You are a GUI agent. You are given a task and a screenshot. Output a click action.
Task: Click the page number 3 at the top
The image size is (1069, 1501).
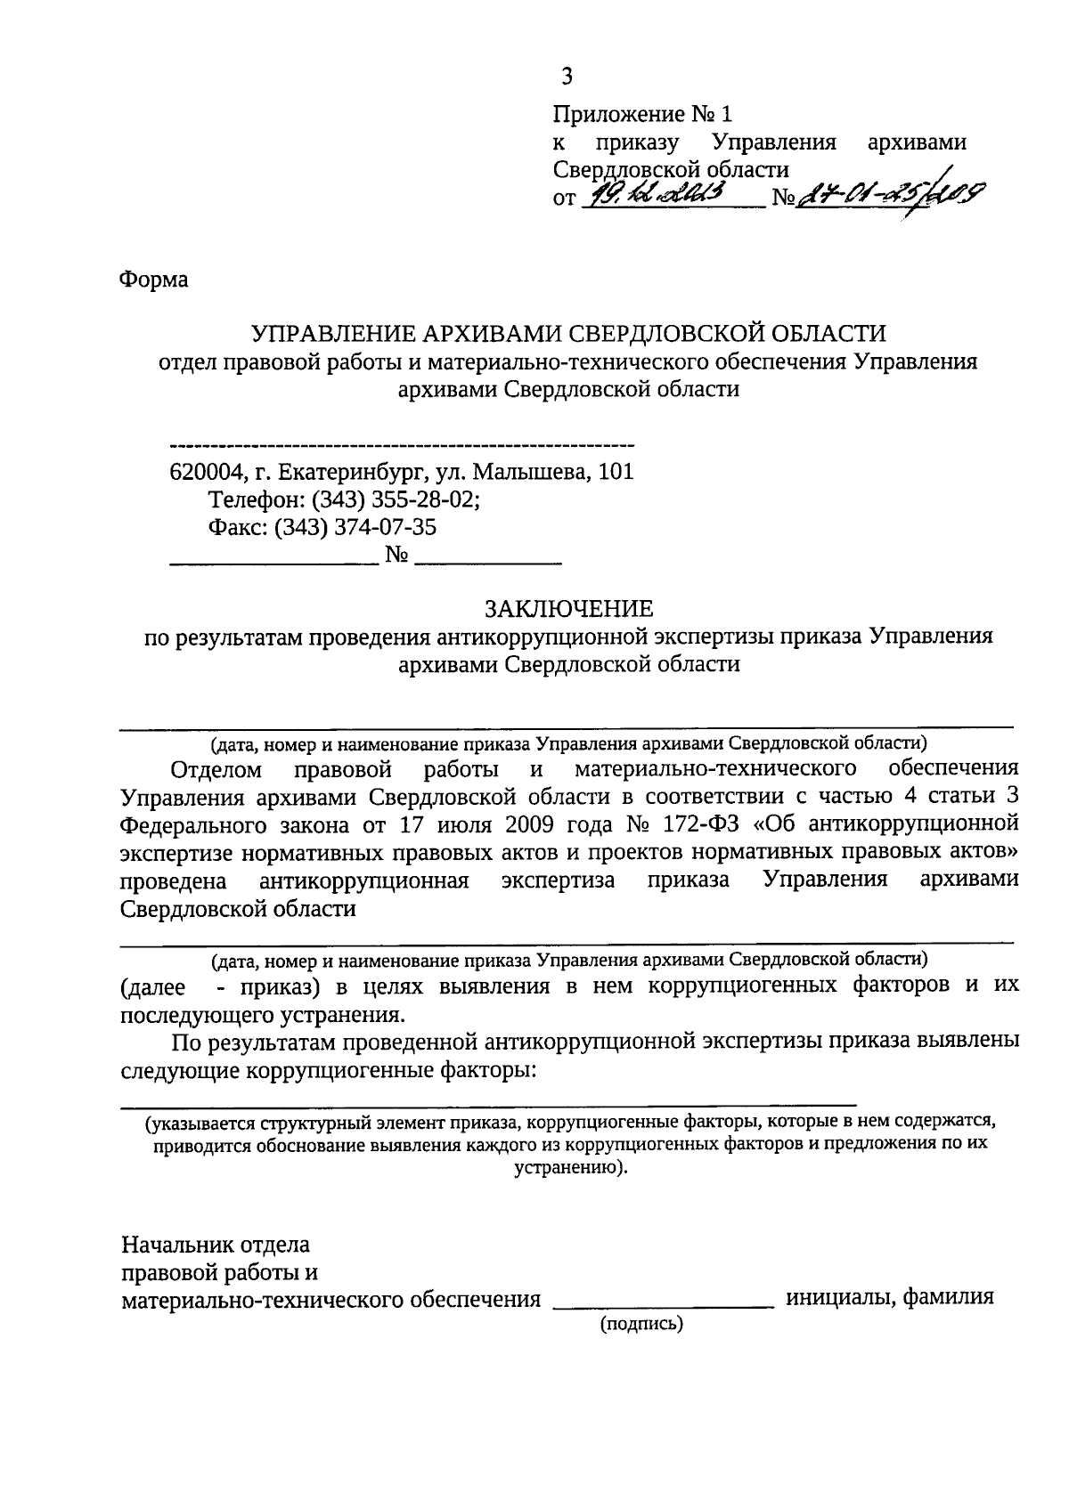[x=567, y=77]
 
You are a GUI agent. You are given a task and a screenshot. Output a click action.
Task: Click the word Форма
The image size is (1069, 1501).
[x=153, y=280]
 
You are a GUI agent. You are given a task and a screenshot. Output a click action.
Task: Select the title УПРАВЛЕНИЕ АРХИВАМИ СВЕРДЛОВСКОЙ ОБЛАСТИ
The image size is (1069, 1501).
[x=569, y=333]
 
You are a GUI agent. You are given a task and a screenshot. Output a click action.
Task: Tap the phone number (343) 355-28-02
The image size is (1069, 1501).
[x=404, y=499]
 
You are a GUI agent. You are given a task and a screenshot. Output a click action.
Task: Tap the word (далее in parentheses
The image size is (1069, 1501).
[x=152, y=986]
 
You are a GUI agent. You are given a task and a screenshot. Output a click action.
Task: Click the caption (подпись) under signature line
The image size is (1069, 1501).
[x=641, y=1325]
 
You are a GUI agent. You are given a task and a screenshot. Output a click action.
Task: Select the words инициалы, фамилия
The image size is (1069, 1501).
[x=888, y=1297]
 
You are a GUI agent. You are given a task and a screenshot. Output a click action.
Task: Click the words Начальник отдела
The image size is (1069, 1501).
[x=216, y=1244]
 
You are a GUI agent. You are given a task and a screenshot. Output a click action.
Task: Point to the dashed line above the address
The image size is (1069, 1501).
[x=401, y=444]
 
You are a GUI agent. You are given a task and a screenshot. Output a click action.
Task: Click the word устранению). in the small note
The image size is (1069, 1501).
[x=570, y=1168]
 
